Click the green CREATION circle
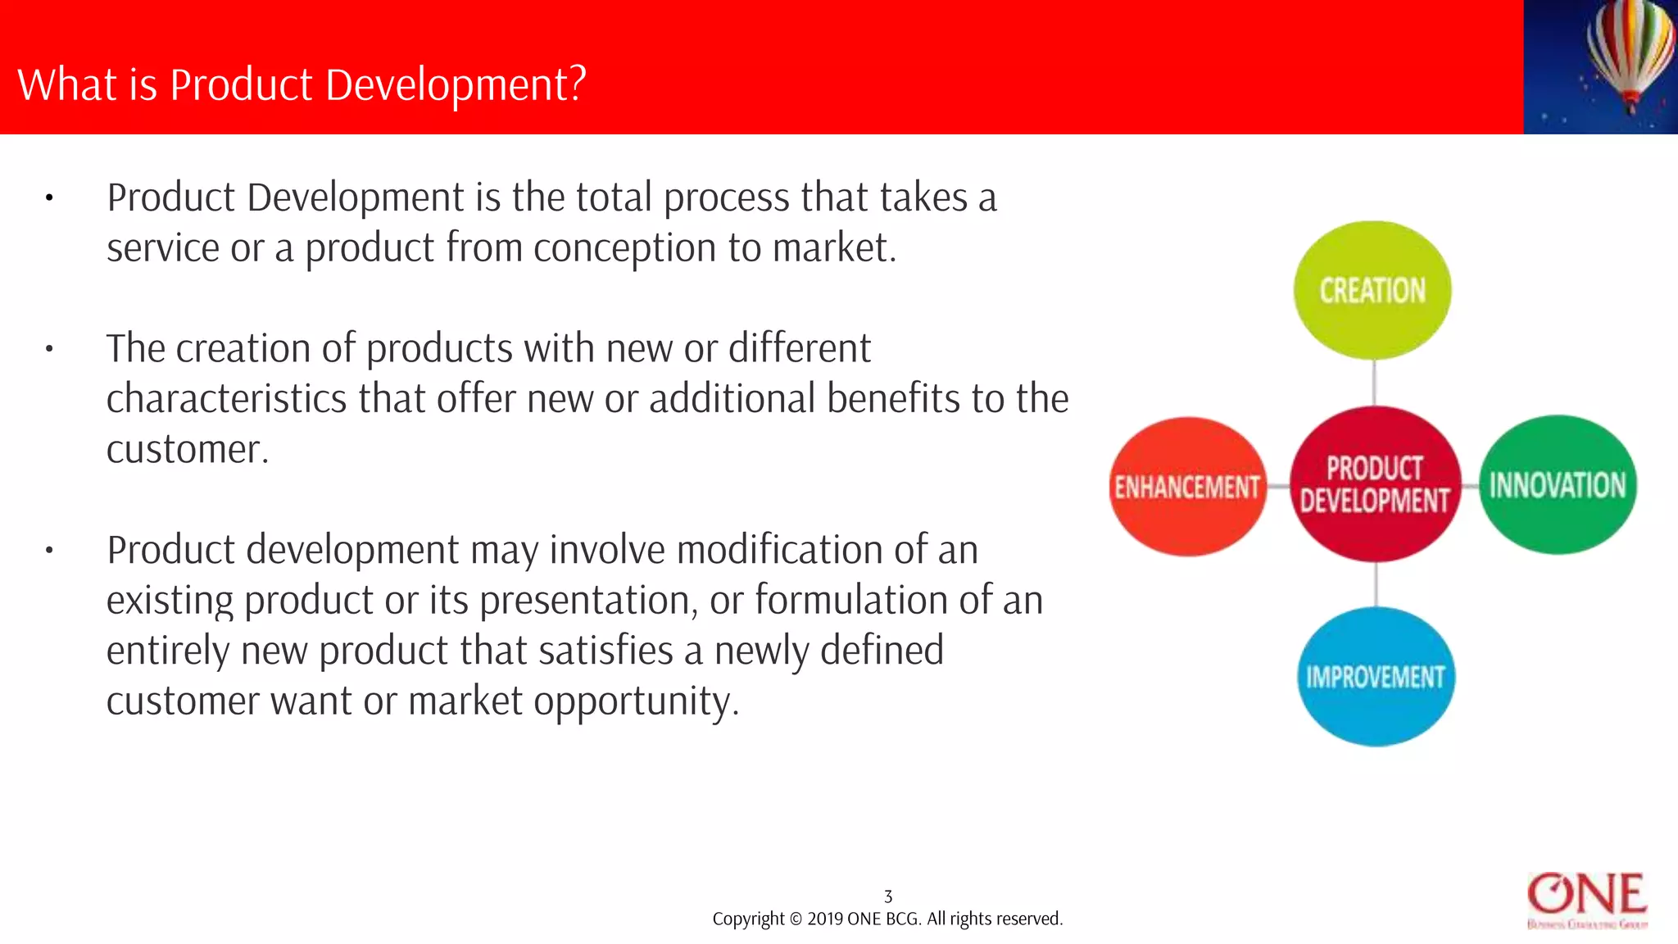(1372, 290)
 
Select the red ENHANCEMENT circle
(1187, 487)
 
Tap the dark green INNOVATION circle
(1558, 485)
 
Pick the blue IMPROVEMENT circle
(1376, 677)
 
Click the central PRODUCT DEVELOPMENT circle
(1375, 484)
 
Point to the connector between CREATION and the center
(1374, 383)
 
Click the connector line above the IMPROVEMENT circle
(1376, 584)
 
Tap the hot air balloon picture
(1600, 66)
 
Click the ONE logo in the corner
(1587, 900)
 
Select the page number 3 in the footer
(888, 896)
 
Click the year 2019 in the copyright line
(825, 919)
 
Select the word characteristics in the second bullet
(226, 399)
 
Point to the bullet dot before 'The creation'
(49, 349)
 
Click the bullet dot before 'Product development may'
(49, 551)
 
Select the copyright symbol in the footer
(796, 919)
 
